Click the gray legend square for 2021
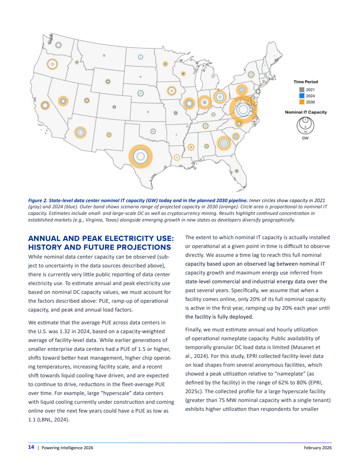(x=302, y=90)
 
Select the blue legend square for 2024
(x=302, y=95)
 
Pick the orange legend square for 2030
(x=302, y=101)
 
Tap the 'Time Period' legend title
(x=306, y=82)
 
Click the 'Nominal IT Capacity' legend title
(x=306, y=112)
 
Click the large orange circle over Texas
(x=140, y=156)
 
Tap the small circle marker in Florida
(x=236, y=171)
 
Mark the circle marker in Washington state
(x=58, y=45)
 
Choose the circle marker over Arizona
(x=80, y=132)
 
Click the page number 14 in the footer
(x=31, y=447)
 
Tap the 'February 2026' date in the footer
(x=318, y=447)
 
